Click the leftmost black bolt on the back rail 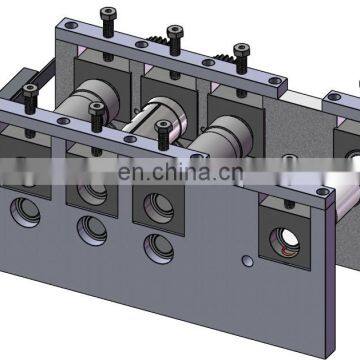pyautogui.click(x=108, y=17)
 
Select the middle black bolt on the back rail pyautogui.click(x=174, y=36)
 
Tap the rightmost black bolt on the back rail pyautogui.click(x=239, y=51)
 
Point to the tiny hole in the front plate pyautogui.click(x=246, y=261)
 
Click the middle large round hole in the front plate pyautogui.click(x=92, y=228)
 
